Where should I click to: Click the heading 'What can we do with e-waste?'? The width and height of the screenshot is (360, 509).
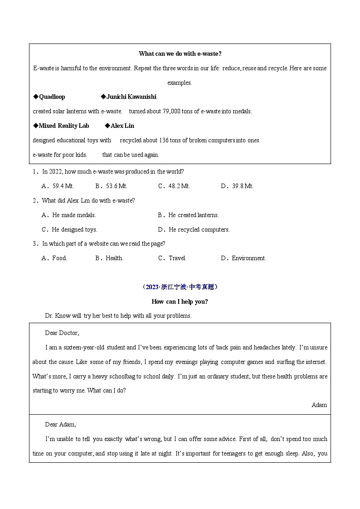click(x=180, y=53)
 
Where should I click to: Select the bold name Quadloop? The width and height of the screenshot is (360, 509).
click(x=52, y=97)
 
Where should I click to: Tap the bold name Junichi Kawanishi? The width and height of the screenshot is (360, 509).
click(x=131, y=97)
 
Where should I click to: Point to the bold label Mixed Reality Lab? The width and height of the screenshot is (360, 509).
click(x=63, y=126)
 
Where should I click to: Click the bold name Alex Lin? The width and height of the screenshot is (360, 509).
click(x=122, y=126)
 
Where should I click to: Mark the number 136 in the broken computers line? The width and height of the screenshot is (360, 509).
click(x=162, y=140)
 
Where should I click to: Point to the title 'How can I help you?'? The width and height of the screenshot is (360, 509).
click(x=180, y=301)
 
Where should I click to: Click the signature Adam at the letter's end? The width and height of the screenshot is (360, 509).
click(x=319, y=405)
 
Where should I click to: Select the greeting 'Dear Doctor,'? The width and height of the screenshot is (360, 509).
click(x=62, y=333)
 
